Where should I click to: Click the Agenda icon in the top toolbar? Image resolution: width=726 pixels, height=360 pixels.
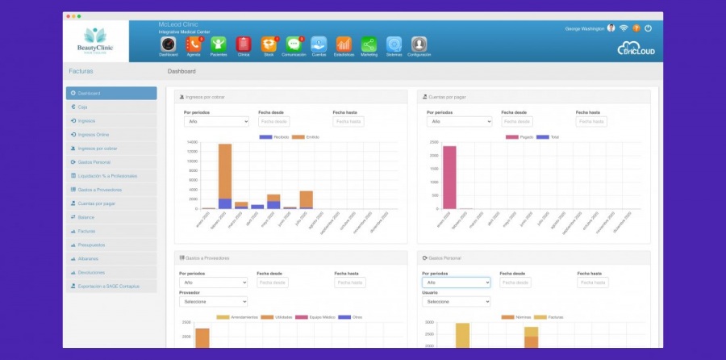[193, 44]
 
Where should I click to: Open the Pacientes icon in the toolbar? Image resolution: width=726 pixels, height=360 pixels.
[218, 44]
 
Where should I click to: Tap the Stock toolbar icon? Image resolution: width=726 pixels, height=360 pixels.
[269, 44]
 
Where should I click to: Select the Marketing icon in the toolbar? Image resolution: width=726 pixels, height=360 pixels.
[369, 44]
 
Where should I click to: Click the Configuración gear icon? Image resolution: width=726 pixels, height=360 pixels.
[419, 44]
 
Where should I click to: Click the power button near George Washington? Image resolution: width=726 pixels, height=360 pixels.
[648, 28]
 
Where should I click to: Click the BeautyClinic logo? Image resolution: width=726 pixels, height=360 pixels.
[95, 40]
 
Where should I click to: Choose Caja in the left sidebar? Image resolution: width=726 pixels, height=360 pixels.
[83, 107]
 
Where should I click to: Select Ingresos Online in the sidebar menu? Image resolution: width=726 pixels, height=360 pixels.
[94, 135]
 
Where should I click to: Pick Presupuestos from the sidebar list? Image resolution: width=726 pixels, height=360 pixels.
[91, 245]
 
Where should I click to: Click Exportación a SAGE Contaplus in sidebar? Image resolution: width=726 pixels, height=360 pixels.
[109, 286]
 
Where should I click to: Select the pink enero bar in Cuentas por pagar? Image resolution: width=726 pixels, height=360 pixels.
[449, 177]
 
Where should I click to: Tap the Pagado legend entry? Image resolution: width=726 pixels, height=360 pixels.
[519, 137]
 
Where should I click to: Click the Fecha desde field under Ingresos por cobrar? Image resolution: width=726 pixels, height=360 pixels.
[274, 122]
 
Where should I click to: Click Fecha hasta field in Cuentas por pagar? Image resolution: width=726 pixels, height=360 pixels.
[591, 122]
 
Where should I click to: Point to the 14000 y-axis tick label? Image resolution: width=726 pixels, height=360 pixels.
[192, 142]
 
